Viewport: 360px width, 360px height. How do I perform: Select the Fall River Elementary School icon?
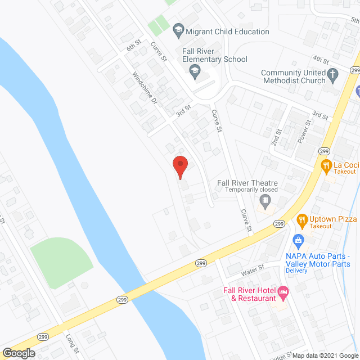click(195, 70)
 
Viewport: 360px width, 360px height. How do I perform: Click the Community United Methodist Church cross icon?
click(333, 73)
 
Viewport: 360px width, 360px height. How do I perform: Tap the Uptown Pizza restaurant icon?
click(301, 219)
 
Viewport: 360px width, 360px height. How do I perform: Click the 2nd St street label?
click(276, 137)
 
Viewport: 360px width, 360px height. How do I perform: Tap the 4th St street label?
click(321, 59)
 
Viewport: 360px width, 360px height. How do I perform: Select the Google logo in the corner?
click(18, 353)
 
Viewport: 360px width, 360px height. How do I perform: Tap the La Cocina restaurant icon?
click(325, 165)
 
